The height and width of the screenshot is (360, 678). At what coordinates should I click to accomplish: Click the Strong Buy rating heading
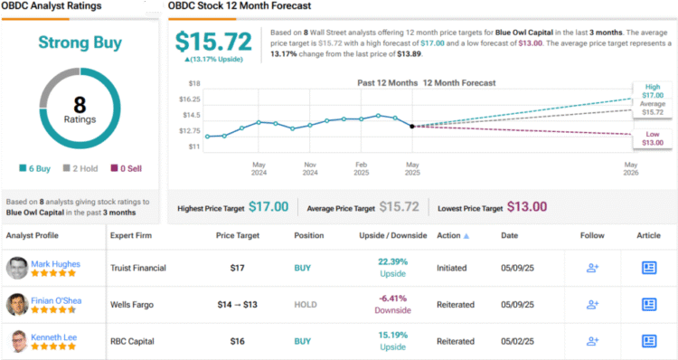[80, 42]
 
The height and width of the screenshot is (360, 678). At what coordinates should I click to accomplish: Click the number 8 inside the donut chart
[80, 105]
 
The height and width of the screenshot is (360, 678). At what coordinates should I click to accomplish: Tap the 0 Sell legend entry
[127, 167]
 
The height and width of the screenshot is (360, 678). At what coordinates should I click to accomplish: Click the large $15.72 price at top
[213, 43]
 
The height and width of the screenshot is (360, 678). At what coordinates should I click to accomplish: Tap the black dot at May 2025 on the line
[412, 126]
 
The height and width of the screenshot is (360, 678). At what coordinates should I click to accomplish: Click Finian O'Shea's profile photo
[17, 305]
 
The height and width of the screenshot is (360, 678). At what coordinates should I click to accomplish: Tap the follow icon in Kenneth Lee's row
[593, 342]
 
